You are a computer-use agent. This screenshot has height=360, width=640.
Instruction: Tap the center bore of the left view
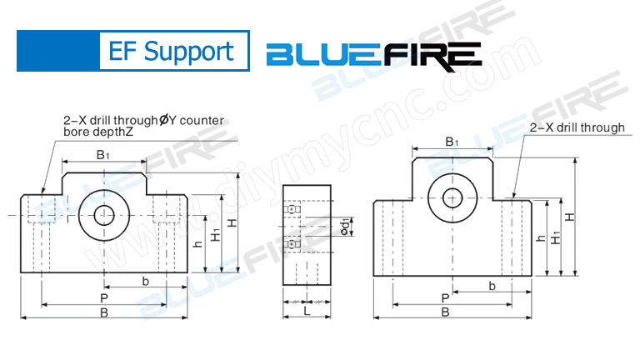pyautogui.click(x=104, y=214)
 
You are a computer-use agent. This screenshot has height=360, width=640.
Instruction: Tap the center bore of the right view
pyautogui.click(x=452, y=197)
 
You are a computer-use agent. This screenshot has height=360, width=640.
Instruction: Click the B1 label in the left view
pyautogui.click(x=103, y=155)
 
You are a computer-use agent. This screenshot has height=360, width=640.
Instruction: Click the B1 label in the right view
pyautogui.click(x=452, y=142)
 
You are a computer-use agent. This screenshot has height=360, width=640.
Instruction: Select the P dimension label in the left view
pyautogui.click(x=103, y=297)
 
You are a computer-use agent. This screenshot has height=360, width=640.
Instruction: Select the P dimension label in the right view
pyautogui.click(x=446, y=297)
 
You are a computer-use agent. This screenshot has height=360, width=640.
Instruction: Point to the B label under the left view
pyautogui.click(x=103, y=313)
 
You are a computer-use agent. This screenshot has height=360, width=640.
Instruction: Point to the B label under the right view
pyautogui.click(x=446, y=313)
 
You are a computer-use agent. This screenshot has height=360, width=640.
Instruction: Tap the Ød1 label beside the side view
pyautogui.click(x=346, y=224)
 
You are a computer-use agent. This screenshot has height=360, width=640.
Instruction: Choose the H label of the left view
pyautogui.click(x=233, y=222)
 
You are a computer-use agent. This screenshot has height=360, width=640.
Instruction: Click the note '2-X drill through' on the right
pyautogui.click(x=577, y=127)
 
